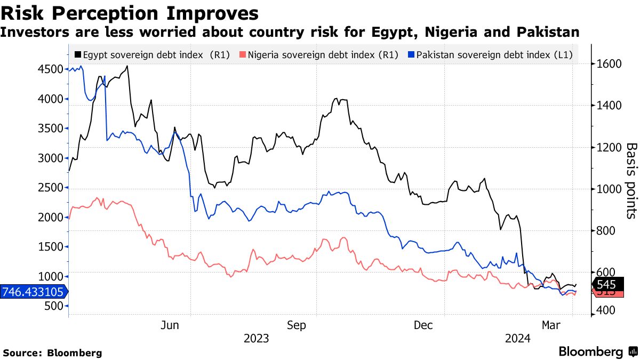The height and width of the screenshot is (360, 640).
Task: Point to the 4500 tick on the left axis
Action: pos(53,69)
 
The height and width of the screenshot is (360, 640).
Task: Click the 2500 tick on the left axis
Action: pos(53,188)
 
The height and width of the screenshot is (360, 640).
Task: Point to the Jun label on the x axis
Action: pos(170,325)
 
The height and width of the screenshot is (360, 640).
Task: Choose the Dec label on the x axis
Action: pos(422,325)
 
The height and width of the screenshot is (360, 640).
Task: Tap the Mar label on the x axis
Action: pos(550,325)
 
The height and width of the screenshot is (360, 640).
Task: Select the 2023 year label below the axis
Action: pos(256,339)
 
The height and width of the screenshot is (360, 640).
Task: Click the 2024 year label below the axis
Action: pos(517,339)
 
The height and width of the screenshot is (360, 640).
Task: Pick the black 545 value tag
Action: pos(607,285)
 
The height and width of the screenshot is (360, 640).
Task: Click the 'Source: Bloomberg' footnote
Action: pos(52,353)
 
